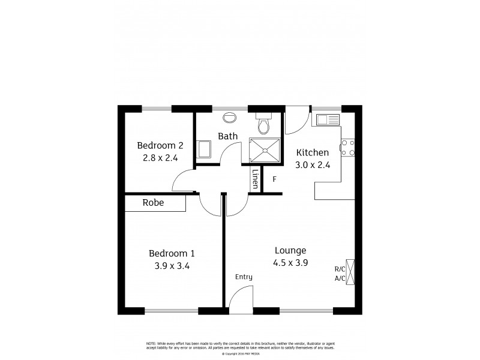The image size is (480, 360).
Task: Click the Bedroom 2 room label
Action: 160,145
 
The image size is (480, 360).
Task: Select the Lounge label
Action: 290,250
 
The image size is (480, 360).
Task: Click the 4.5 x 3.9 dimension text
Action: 290,262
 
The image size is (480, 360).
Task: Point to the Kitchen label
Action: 312,152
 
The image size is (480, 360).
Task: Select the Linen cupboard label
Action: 256,179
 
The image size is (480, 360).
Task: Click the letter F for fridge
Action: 274,179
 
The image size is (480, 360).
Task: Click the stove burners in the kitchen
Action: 347,148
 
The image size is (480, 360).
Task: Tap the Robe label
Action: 153,203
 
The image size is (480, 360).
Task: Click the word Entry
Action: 244,277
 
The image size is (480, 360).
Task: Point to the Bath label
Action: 227,136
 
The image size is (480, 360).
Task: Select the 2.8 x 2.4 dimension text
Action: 160,158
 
